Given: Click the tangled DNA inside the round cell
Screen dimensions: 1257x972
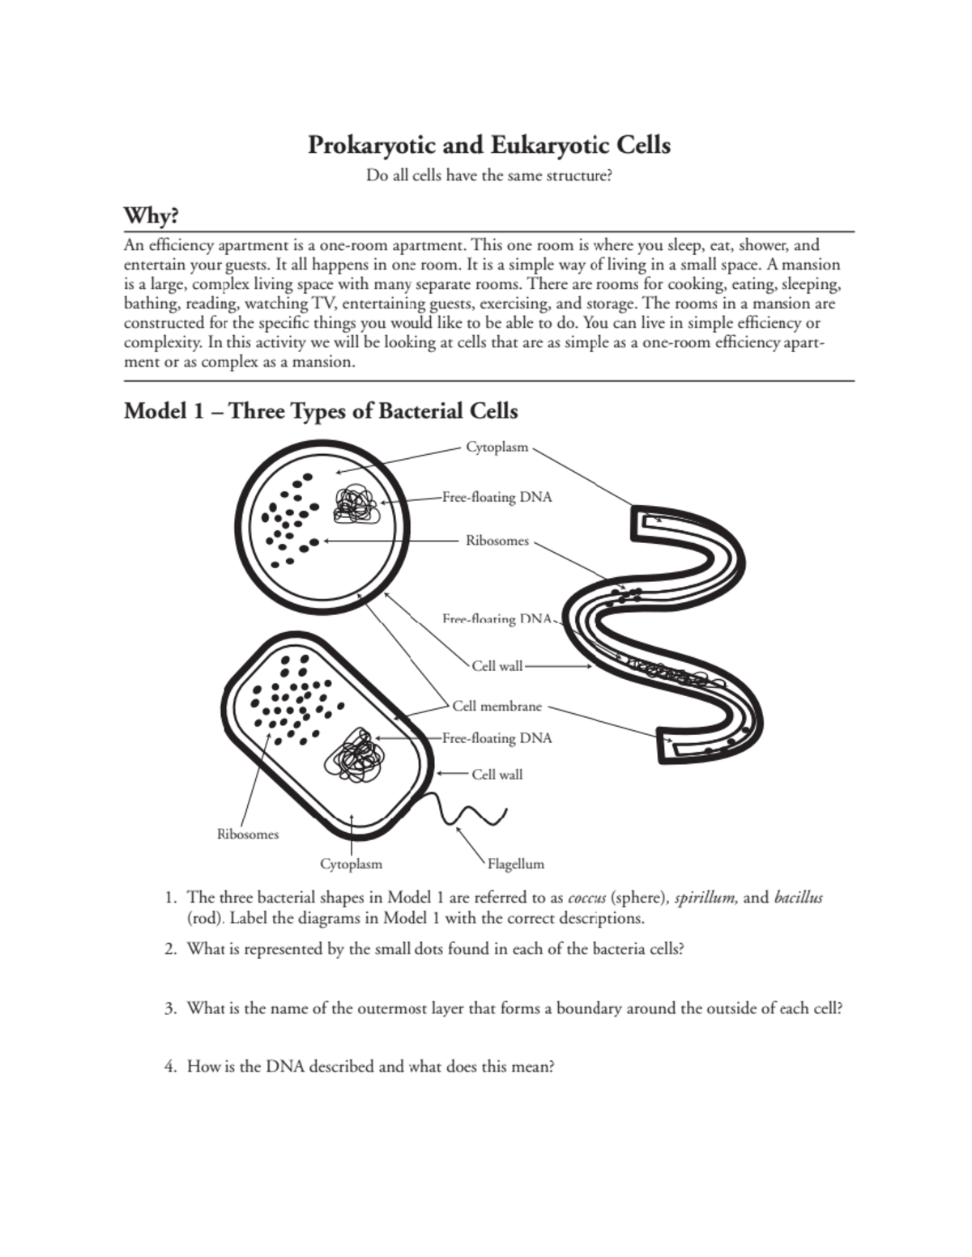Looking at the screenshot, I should tap(356, 505).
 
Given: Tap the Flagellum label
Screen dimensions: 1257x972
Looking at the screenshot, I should tap(515, 864).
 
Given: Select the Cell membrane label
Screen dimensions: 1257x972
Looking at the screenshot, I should tap(497, 706).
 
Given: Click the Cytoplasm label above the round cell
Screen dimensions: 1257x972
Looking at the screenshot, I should tap(497, 447).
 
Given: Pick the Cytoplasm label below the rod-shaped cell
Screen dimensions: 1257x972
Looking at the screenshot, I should tap(351, 864).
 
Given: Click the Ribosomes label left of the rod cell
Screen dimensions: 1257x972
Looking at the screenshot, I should tap(247, 834).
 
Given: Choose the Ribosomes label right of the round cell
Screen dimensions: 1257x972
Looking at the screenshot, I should tap(497, 540).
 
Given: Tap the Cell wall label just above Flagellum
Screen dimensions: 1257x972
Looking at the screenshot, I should tap(497, 774).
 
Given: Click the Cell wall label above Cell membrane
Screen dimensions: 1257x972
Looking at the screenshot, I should tap(497, 665).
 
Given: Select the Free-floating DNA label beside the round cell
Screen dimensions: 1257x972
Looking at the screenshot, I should tap(497, 497).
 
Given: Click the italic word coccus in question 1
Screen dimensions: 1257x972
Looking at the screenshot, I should tap(586, 898).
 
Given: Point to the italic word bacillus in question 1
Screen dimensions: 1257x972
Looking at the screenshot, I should tap(798, 898).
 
